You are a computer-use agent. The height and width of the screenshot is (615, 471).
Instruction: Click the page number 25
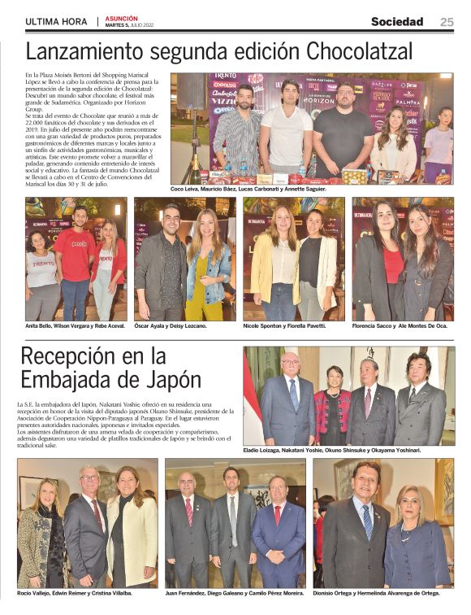click(447, 22)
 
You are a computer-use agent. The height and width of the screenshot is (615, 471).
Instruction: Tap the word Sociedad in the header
click(397, 22)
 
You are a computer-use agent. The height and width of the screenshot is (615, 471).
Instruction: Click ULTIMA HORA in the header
click(58, 22)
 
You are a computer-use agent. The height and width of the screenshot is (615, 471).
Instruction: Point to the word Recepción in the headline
click(76, 356)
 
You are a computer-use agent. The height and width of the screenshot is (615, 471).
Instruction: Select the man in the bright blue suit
click(277, 541)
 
